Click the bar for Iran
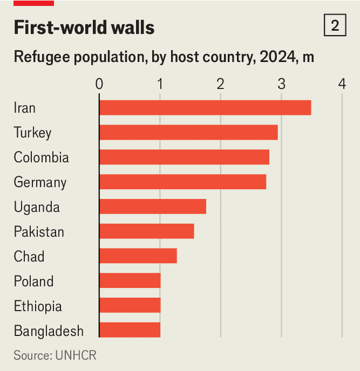tap(205, 108)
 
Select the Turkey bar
tap(188, 133)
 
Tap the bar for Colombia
tap(184, 157)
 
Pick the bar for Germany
tap(182, 182)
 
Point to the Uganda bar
tap(153, 207)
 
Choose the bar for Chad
tap(138, 256)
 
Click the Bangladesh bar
tap(130, 330)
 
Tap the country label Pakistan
tap(39, 232)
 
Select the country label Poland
tap(34, 281)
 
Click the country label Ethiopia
tap(38, 307)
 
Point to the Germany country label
tap(40, 182)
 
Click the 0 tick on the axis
tap(99, 84)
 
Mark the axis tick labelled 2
tap(221, 84)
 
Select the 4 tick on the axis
tap(342, 84)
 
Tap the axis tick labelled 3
tap(281, 84)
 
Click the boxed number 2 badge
tap(335, 26)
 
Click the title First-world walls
tap(84, 27)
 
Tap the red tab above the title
tap(34, 3)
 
